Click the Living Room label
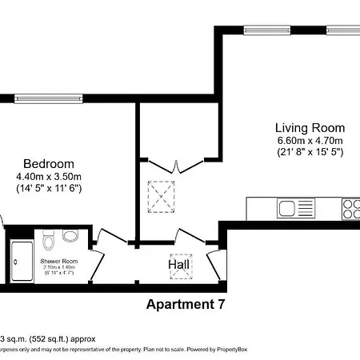310,128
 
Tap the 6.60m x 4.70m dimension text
310,141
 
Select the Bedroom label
49,163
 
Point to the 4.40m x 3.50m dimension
49,176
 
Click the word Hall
178,264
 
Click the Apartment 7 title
186,304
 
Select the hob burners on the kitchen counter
351,209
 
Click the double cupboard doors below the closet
177,166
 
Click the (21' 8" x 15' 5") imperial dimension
310,152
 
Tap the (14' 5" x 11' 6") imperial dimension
49,188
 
